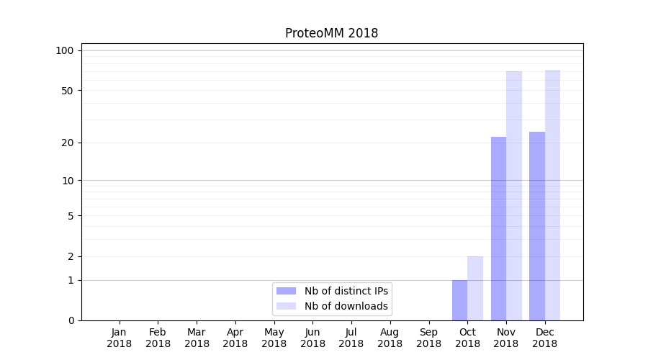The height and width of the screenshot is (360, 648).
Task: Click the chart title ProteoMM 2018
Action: click(331, 33)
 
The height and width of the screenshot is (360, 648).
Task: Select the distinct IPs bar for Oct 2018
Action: click(459, 300)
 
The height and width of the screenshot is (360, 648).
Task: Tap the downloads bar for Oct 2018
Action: click(475, 288)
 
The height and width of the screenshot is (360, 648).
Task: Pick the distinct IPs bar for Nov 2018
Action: click(498, 228)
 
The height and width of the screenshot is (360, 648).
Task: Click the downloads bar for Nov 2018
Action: click(514, 196)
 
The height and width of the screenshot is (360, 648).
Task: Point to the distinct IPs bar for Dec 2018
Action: click(537, 226)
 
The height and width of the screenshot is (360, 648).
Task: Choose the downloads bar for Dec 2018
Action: click(552, 195)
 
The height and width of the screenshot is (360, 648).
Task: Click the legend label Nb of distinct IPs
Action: click(346, 291)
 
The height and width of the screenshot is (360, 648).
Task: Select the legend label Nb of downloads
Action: click(346, 306)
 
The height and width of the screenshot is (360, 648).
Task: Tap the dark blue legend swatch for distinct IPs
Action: click(286, 291)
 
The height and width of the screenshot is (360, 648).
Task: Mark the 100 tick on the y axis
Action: click(65, 50)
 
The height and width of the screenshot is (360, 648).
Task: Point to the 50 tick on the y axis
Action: click(67, 91)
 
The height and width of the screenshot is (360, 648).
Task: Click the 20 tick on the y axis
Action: click(67, 143)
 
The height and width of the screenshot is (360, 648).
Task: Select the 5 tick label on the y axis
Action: click(70, 215)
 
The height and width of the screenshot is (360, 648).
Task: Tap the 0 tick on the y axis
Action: click(70, 320)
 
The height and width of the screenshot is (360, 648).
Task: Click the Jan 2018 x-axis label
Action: click(119, 338)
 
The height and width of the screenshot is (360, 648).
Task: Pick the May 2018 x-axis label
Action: click(274, 338)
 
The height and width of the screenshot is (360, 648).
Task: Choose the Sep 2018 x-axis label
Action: click(428, 338)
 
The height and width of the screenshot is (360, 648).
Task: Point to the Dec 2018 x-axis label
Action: click(545, 338)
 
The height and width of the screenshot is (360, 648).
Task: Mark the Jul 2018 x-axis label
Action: click(351, 338)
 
